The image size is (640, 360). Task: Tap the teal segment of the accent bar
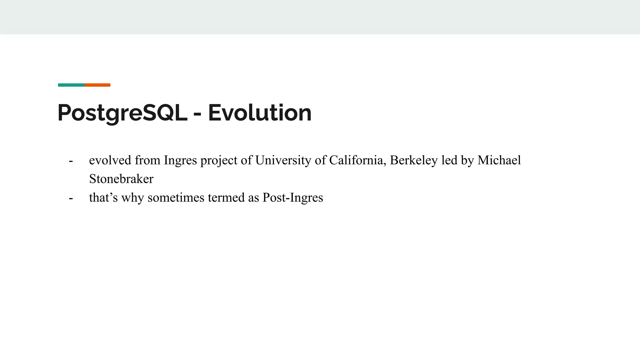[x=71, y=85]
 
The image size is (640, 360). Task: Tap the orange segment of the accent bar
[x=97, y=85]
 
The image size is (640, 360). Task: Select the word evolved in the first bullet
[x=110, y=160]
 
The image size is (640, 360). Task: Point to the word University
[x=283, y=160]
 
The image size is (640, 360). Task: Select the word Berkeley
[x=414, y=160]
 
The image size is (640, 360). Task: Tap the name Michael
[x=499, y=160]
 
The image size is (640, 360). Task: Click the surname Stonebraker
[x=121, y=179]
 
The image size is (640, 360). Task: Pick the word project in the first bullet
[x=219, y=161]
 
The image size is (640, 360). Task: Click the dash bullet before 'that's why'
[x=71, y=198]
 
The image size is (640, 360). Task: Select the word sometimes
[x=176, y=197]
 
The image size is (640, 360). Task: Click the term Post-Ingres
[x=292, y=198]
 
